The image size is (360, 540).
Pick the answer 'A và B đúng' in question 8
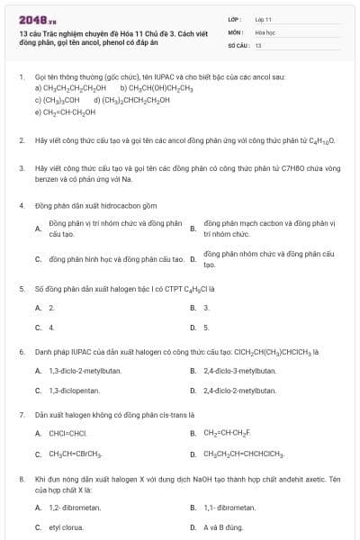coord(223,526)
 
